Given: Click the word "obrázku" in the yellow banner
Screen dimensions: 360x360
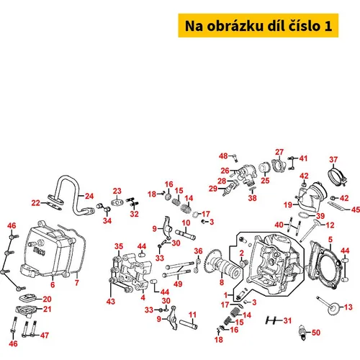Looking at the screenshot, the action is tap(235, 26).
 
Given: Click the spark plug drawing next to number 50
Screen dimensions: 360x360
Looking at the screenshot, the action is tap(302, 332).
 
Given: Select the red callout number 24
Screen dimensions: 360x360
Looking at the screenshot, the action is tap(89, 196).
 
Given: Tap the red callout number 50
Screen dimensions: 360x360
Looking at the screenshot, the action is tap(316, 333).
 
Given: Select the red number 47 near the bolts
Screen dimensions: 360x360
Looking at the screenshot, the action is tap(45, 335).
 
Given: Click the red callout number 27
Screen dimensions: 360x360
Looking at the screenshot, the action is tap(279, 152).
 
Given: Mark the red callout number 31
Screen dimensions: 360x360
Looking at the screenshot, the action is tap(287, 320).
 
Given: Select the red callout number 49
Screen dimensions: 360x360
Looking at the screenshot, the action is tap(178, 284).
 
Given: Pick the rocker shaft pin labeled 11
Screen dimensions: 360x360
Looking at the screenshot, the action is tap(189, 324).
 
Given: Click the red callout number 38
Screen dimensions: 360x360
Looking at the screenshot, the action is tap(252, 198).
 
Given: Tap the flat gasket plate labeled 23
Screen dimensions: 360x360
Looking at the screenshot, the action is tap(117, 203).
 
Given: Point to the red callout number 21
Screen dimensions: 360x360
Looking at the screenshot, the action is tap(47, 309).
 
